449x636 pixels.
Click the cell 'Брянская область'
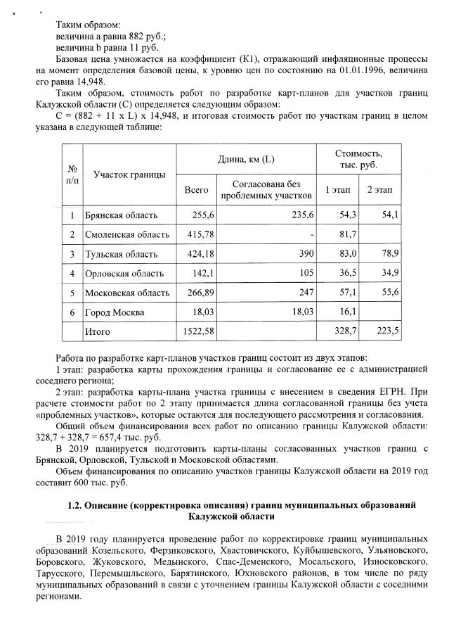(x=120, y=215)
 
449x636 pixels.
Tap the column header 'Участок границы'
(x=129, y=174)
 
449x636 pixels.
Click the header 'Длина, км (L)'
(x=246, y=160)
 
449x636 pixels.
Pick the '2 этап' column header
(x=379, y=190)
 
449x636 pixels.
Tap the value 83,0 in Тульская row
(x=349, y=253)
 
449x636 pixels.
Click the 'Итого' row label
(x=98, y=330)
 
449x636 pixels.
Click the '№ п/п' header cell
(x=72, y=174)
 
